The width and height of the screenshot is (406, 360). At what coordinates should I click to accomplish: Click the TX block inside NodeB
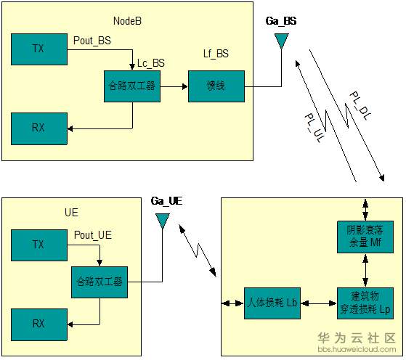click(x=39, y=49)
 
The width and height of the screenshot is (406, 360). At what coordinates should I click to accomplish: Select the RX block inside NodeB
click(x=39, y=128)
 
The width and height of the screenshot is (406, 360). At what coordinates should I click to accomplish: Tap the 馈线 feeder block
click(x=216, y=86)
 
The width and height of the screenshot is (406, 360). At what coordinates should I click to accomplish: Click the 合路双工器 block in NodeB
click(x=132, y=86)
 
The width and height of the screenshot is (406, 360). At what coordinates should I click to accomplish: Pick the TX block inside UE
click(x=39, y=245)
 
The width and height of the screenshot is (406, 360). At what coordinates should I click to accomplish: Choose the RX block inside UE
click(x=39, y=324)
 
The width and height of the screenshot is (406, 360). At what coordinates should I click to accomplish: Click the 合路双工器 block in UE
click(x=100, y=282)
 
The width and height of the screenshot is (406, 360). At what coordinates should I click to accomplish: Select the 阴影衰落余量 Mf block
click(x=365, y=237)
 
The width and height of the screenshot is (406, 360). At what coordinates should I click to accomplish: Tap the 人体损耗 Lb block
click(x=272, y=303)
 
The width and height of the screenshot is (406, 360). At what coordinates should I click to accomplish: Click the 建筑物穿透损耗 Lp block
click(x=365, y=303)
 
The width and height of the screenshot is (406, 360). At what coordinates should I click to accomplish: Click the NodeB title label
click(x=127, y=21)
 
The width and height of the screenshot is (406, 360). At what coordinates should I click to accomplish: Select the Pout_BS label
click(x=92, y=41)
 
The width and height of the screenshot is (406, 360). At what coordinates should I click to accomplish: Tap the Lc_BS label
click(x=150, y=63)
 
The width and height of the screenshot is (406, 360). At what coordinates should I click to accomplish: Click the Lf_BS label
click(x=216, y=54)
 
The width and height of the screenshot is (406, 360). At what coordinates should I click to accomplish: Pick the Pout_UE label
click(x=93, y=235)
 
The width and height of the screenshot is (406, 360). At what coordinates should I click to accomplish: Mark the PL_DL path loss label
click(x=360, y=105)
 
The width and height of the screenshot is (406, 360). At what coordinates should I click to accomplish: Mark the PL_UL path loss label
click(x=314, y=128)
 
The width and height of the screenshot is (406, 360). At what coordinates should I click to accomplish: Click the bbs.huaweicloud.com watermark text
click(x=357, y=349)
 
